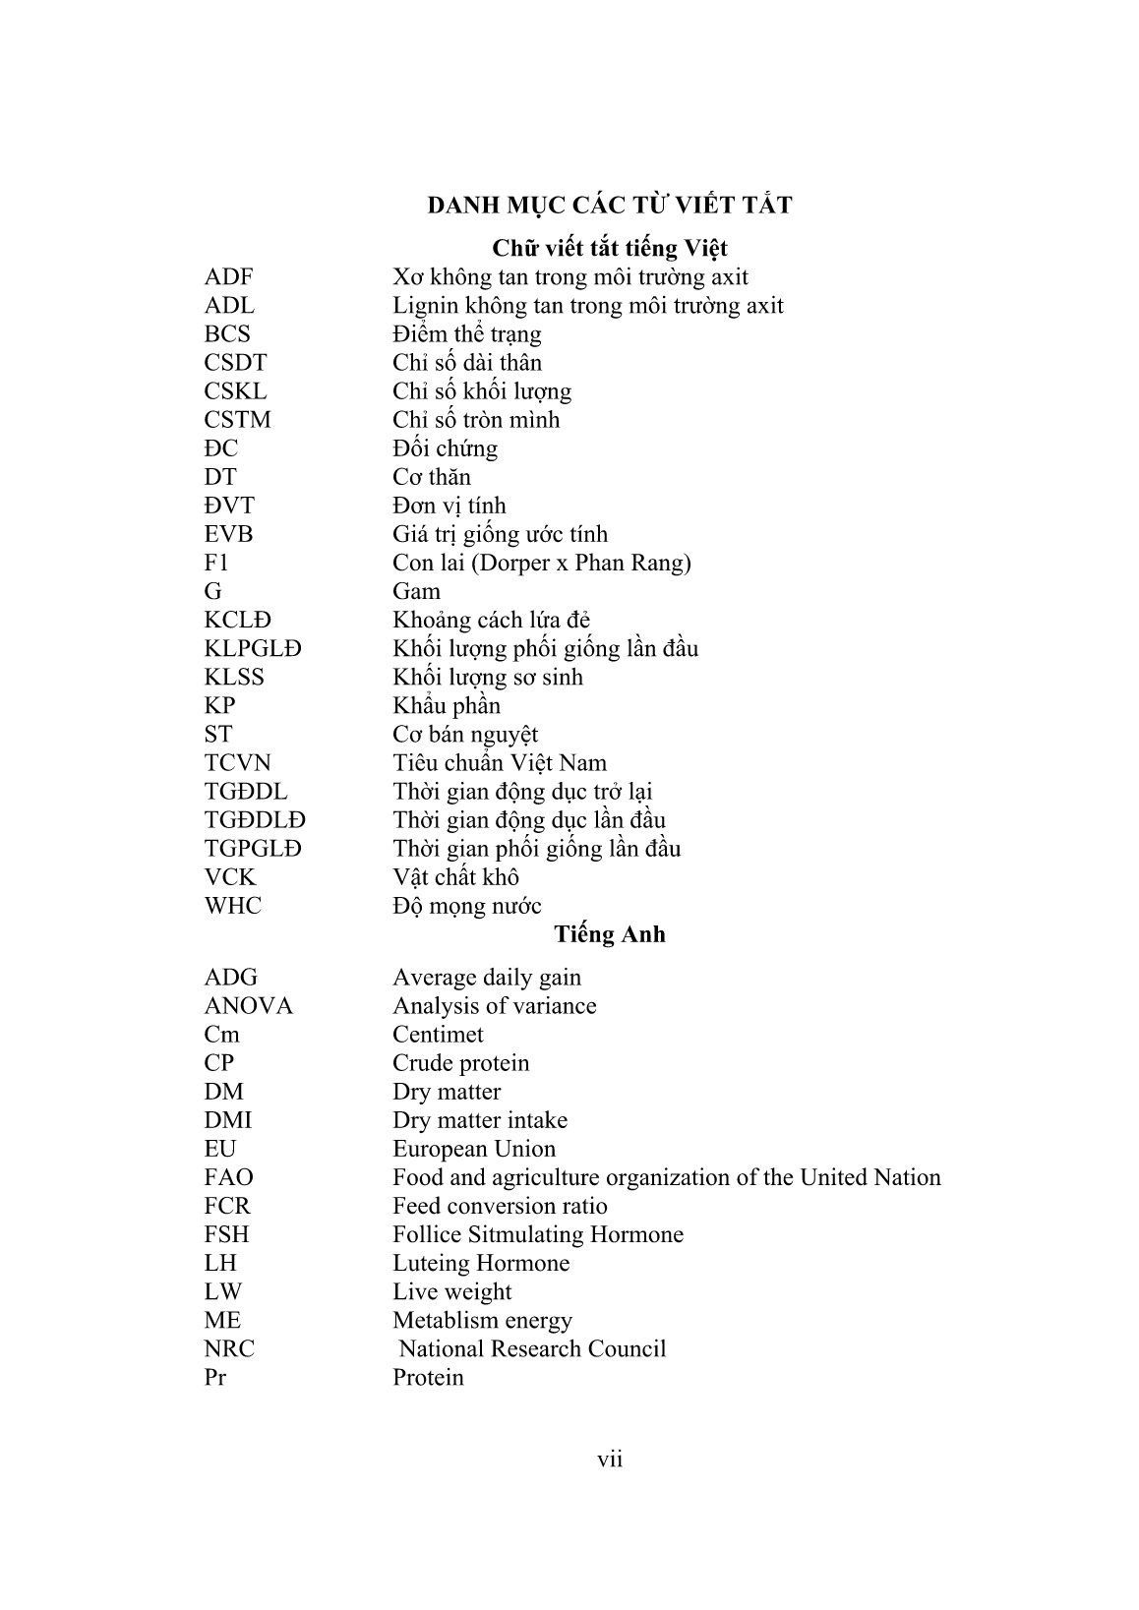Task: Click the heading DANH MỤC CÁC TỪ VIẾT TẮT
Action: pyautogui.click(x=609, y=206)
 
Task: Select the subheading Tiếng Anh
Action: pyautogui.click(x=609, y=934)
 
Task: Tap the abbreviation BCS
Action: pyautogui.click(x=227, y=334)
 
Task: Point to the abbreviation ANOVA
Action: pyautogui.click(x=248, y=1006)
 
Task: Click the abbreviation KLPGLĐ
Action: pyautogui.click(x=253, y=649)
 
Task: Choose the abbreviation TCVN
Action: pyautogui.click(x=237, y=763)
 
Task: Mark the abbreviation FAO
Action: pyautogui.click(x=228, y=1177)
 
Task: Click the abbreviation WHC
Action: pyautogui.click(x=233, y=906)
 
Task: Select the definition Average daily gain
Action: pyautogui.click(x=487, y=978)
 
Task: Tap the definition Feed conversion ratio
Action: pyautogui.click(x=500, y=1206)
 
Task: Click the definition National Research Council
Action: pyautogui.click(x=532, y=1348)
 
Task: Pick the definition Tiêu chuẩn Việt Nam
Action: pyautogui.click(x=500, y=763)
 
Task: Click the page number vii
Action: pyautogui.click(x=610, y=1459)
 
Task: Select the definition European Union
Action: pyautogui.click(x=474, y=1149)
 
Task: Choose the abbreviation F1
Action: pyautogui.click(x=216, y=563)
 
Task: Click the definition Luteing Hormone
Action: pyautogui.click(x=481, y=1263)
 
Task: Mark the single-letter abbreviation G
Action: pyautogui.click(x=213, y=591)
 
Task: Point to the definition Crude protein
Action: pyautogui.click(x=460, y=1063)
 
